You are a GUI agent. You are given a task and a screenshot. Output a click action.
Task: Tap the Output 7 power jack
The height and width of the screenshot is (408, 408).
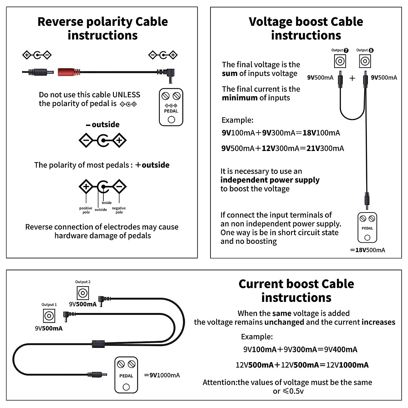pos(340,62)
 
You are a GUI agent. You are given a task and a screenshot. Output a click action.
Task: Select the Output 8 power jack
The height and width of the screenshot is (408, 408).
pos(365,62)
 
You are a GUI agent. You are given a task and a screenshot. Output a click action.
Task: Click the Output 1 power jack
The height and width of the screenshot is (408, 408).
pos(49,316)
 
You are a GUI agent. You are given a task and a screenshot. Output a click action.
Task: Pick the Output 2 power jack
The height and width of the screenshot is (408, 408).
pos(83,293)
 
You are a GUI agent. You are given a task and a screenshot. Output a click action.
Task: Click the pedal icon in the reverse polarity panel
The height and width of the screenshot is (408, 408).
pos(171,107)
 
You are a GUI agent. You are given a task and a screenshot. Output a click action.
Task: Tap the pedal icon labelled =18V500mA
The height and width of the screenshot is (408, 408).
pos(367,227)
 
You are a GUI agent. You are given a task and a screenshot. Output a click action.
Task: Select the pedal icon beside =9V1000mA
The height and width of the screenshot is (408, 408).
pos(126,375)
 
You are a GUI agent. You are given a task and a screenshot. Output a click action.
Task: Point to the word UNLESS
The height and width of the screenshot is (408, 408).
pos(126,95)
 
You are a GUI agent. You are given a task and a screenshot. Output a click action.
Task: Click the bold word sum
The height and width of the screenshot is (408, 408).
pos(230,73)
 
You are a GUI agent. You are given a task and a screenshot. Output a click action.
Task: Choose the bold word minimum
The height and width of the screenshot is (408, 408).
pos(240,98)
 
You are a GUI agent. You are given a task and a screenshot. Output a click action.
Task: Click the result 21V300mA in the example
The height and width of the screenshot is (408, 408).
pos(325,148)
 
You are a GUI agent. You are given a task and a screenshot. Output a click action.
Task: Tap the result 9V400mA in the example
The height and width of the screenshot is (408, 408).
pos(341,350)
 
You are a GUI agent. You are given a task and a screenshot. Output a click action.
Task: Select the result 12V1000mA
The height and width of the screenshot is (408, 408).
pos(347,365)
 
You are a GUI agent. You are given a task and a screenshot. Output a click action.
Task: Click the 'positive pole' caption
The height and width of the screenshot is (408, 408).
pos(86,210)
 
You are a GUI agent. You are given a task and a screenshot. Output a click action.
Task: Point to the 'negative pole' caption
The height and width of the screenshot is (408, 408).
pos(119,210)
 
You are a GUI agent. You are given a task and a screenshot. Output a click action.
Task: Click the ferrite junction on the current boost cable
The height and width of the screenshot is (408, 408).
pos(98,343)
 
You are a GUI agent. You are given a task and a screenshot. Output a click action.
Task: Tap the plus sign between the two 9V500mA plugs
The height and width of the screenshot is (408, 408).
pos(352,78)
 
